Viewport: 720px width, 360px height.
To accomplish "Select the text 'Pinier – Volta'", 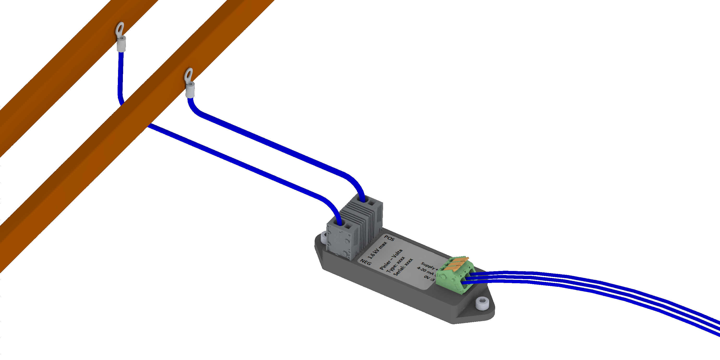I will pyautogui.click(x=391, y=259).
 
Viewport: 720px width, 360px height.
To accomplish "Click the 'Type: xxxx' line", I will pyautogui.click(x=396, y=265).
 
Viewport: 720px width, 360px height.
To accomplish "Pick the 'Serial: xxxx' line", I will pyautogui.click(x=403, y=268).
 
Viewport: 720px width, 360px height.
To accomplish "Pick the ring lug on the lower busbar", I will pyautogui.click(x=189, y=75).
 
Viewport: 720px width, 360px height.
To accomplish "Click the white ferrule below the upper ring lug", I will pyautogui.click(x=121, y=44).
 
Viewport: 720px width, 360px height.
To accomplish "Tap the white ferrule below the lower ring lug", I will pyautogui.click(x=190, y=90).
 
